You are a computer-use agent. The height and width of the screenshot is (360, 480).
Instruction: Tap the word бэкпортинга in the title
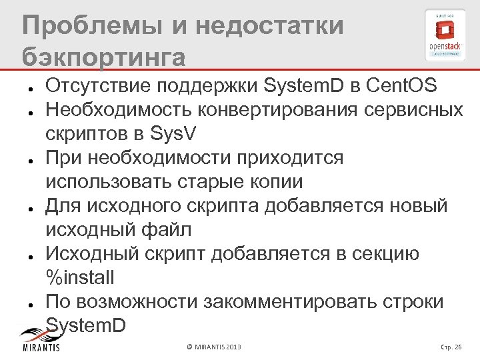pos(103,57)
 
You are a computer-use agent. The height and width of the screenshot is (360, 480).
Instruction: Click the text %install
pos(80,278)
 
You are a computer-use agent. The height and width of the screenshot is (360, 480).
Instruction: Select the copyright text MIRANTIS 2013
pos(215,347)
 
